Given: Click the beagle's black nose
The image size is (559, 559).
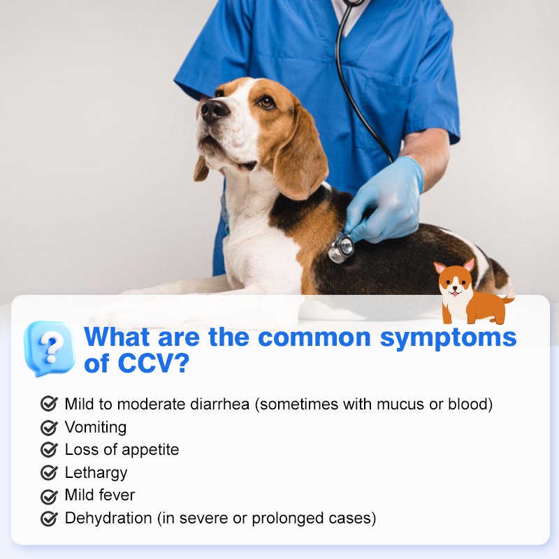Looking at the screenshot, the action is (x=215, y=110).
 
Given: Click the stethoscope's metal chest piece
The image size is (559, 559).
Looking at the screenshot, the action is (x=341, y=248).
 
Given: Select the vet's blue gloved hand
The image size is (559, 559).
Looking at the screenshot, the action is (x=384, y=201).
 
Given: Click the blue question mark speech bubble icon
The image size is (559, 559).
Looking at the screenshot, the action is (x=50, y=348).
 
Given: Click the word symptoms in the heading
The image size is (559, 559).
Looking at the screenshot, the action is (x=448, y=337).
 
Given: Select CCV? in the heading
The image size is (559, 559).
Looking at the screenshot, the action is (x=153, y=363).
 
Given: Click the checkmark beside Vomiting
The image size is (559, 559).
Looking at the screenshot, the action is (x=49, y=428).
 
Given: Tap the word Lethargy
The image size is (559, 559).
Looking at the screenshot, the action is (x=96, y=473).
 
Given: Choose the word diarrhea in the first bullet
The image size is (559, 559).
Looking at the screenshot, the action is (x=219, y=405).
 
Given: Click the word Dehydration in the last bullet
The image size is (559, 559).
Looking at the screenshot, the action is (x=108, y=518).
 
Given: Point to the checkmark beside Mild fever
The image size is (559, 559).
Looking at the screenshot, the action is (x=49, y=496).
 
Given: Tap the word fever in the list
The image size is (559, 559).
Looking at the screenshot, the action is (x=117, y=495).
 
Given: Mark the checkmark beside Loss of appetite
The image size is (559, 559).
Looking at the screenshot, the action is (x=49, y=450).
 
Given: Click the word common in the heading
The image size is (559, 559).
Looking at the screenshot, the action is (x=314, y=337).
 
